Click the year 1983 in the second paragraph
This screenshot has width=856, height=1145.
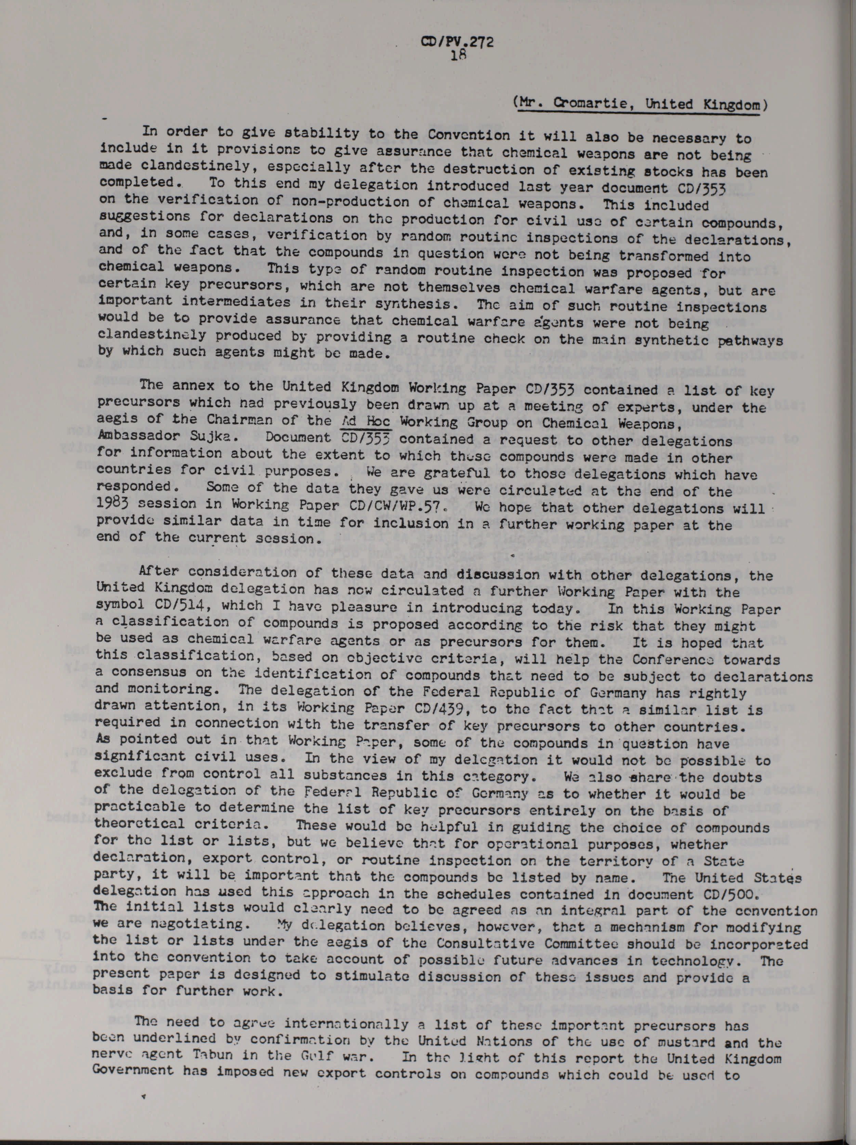(x=113, y=504)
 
